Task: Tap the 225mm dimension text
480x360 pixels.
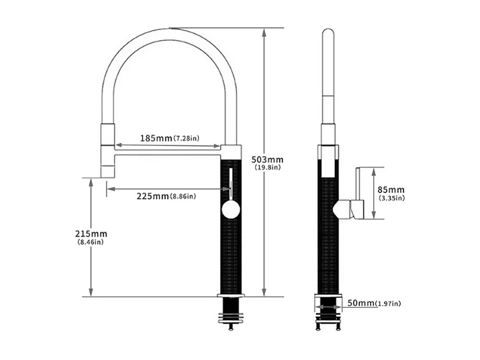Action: coord(152,196)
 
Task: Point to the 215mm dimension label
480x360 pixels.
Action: coord(91,234)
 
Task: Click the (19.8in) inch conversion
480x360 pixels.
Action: coord(267,168)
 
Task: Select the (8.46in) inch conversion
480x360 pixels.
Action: coord(91,242)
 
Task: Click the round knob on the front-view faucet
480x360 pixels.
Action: coord(231,210)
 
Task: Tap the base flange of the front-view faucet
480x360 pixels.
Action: coord(231,295)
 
